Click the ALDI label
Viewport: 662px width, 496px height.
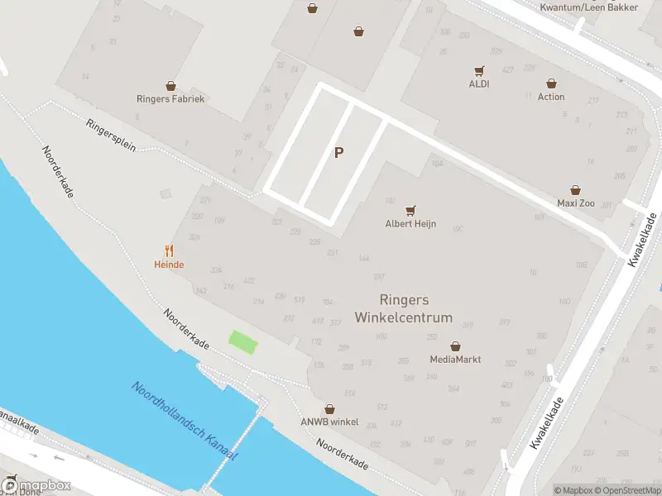pyautogui.click(x=478, y=83)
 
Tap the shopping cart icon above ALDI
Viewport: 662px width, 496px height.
pyautogui.click(x=478, y=71)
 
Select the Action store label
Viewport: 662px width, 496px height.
pyautogui.click(x=551, y=97)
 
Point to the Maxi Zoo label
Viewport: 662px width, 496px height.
pyautogui.click(x=575, y=203)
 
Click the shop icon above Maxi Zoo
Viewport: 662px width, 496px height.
pyautogui.click(x=575, y=190)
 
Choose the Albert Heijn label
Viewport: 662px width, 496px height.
pyautogui.click(x=410, y=224)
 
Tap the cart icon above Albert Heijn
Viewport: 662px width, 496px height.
pyautogui.click(x=410, y=211)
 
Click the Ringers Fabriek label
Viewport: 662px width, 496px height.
pyautogui.click(x=170, y=98)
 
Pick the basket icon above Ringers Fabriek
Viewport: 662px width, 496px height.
pyautogui.click(x=170, y=85)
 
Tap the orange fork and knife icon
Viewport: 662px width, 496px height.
pyautogui.click(x=169, y=250)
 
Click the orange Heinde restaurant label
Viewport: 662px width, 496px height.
pyautogui.click(x=169, y=265)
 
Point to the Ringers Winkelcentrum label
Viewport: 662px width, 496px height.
pyautogui.click(x=404, y=308)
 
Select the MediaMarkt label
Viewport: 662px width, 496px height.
pyautogui.click(x=455, y=360)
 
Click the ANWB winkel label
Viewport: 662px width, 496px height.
pyautogui.click(x=329, y=422)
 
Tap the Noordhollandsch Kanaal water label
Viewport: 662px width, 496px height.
pyautogui.click(x=184, y=422)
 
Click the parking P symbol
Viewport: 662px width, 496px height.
pyautogui.click(x=338, y=152)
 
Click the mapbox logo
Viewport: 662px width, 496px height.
pyautogui.click(x=36, y=486)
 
